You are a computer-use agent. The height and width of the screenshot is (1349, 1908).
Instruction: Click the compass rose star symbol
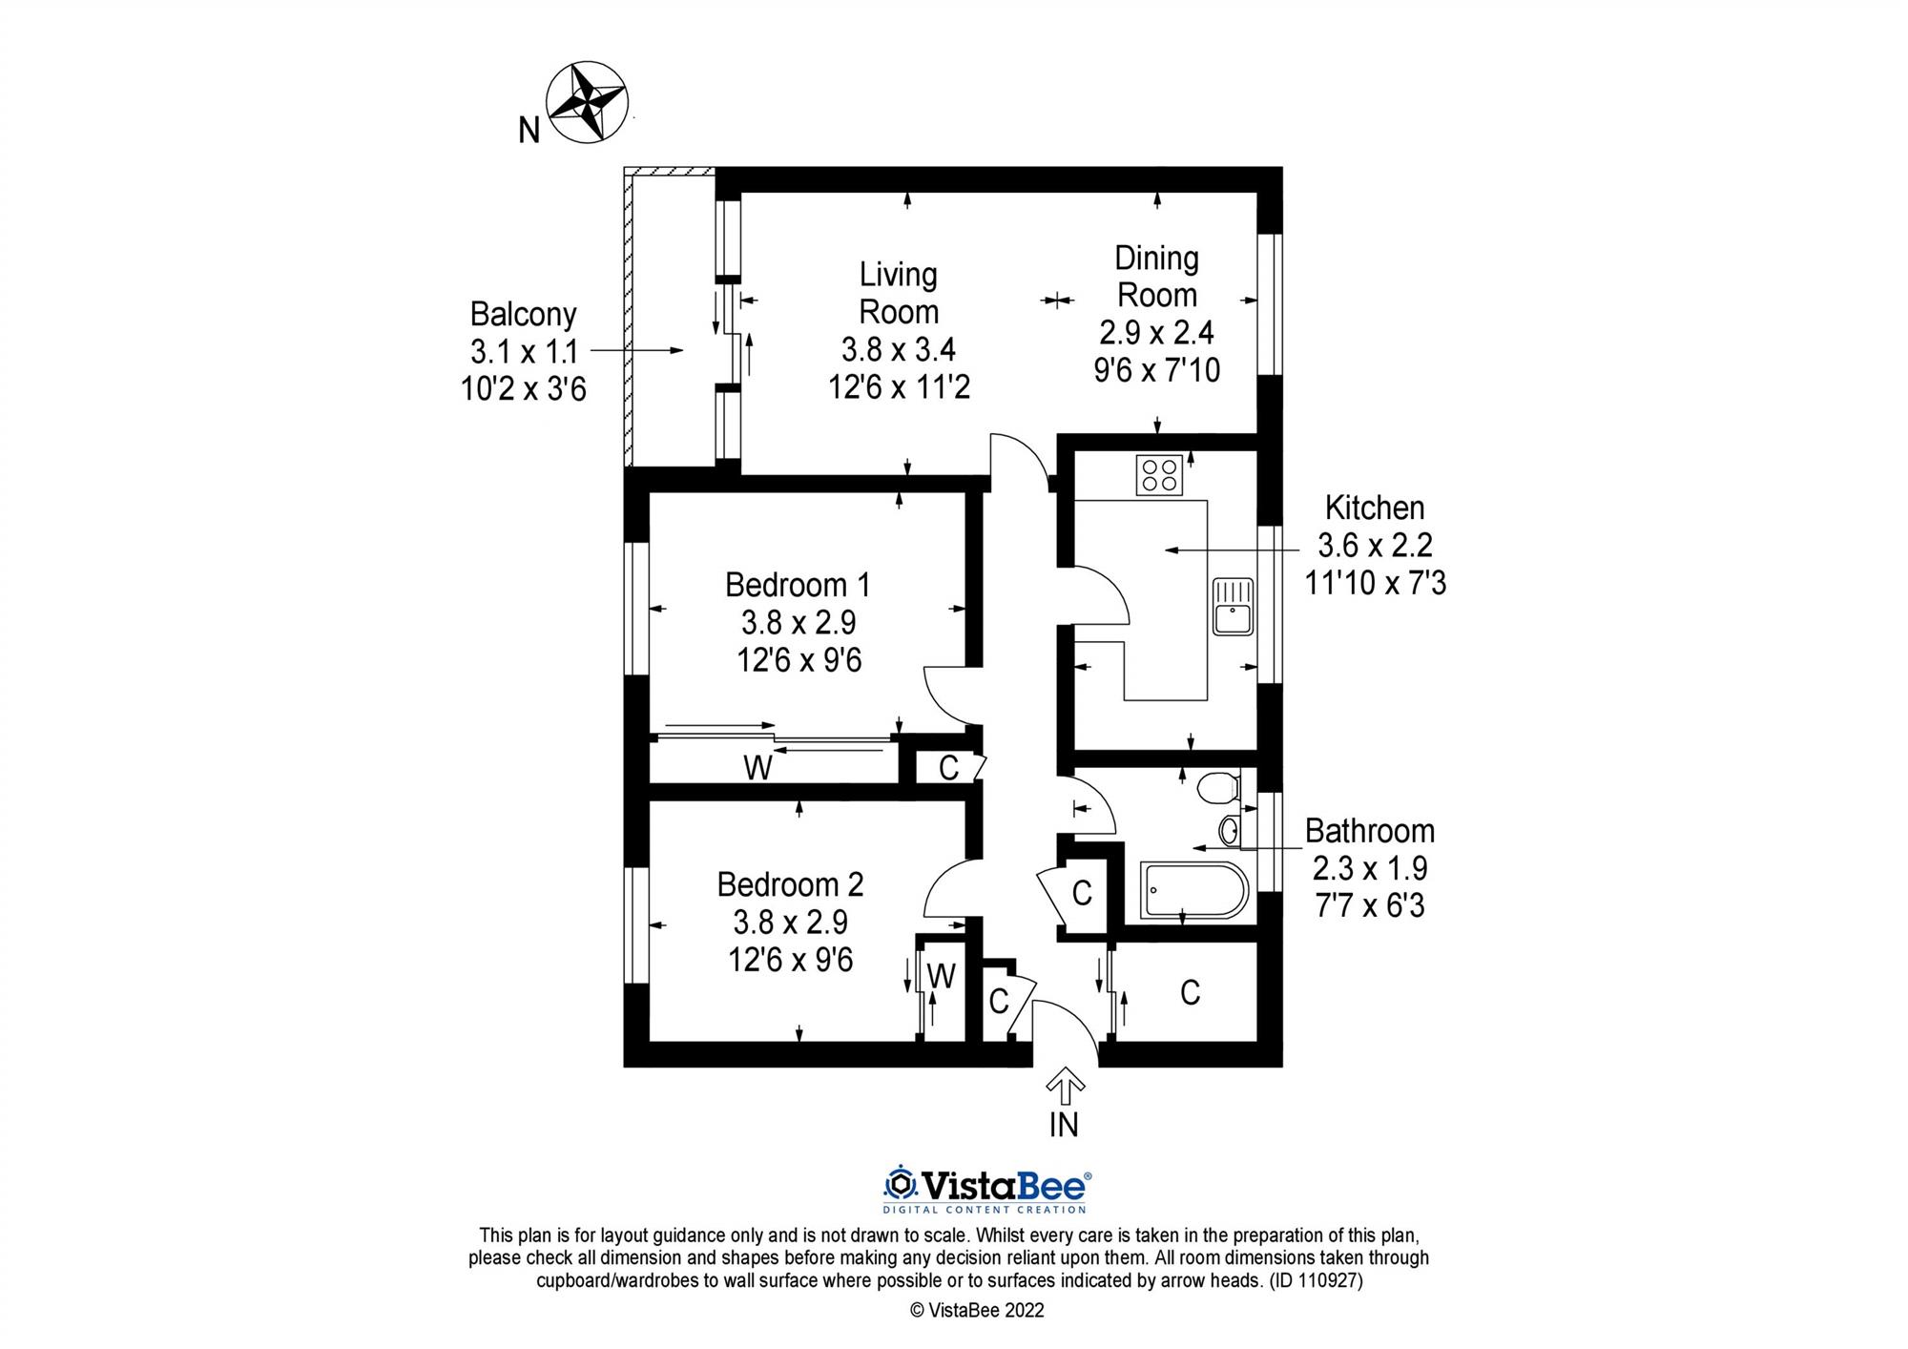point(586,102)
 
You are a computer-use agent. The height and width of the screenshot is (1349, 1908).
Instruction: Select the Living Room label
point(899,293)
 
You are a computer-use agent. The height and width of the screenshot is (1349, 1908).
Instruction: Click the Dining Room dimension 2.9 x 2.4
point(1156,332)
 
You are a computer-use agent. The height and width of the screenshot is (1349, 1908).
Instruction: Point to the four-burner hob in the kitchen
point(1159,474)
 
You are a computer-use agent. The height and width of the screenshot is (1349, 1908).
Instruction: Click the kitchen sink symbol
point(1233,606)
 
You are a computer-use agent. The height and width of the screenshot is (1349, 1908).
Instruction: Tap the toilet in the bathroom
point(1217,789)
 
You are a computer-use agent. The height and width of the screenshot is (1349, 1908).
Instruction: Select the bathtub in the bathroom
point(1193,891)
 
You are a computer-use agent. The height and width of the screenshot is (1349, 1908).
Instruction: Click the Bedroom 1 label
point(798,584)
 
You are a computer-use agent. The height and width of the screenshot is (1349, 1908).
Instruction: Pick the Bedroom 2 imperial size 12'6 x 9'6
point(791,959)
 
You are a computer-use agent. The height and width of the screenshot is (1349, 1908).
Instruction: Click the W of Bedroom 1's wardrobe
point(757,767)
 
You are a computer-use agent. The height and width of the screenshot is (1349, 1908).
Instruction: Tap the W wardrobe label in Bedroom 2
point(942,976)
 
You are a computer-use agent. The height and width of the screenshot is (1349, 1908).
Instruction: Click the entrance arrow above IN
point(1065,1086)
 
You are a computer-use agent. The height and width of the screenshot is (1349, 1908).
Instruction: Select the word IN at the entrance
point(1064,1125)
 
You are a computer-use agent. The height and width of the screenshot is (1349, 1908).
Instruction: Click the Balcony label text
point(523,314)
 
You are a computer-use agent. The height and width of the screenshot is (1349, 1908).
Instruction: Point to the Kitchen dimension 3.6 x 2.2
point(1375,545)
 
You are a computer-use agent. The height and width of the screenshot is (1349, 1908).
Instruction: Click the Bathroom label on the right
point(1369,831)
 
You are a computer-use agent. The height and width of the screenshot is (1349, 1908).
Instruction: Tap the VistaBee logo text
point(1002,1186)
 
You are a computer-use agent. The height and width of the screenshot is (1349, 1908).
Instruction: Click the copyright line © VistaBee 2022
point(977,1310)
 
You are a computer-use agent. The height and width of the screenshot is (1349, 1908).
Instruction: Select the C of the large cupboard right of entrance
point(1190,993)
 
